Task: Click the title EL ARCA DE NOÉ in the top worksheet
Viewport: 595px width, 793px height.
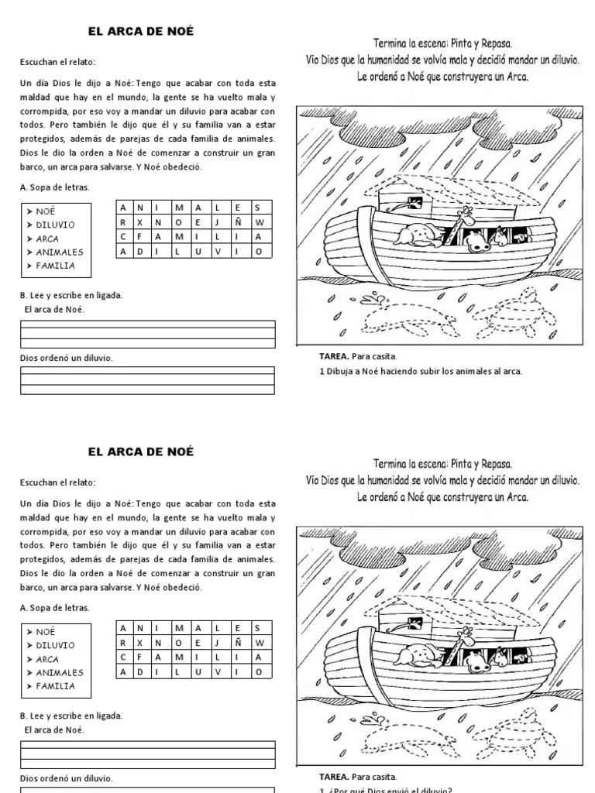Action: pyautogui.click(x=140, y=32)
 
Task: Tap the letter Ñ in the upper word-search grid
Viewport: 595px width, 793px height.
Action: pyautogui.click(x=239, y=221)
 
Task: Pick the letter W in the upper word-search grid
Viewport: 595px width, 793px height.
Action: pyautogui.click(x=260, y=221)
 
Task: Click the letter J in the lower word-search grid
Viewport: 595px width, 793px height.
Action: pyautogui.click(x=220, y=643)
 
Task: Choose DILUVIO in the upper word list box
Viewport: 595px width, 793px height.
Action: pyautogui.click(x=55, y=225)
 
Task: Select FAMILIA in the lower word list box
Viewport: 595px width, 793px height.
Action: pyautogui.click(x=55, y=686)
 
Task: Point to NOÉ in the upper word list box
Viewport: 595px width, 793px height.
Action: pyautogui.click(x=46, y=211)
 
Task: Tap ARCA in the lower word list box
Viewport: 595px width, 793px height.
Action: pyautogui.click(x=47, y=659)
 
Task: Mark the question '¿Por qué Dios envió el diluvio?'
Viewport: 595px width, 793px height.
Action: pyautogui.click(x=387, y=789)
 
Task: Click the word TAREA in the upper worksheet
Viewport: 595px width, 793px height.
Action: pyautogui.click(x=333, y=356)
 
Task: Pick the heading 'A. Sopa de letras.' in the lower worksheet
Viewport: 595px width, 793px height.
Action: pyautogui.click(x=54, y=608)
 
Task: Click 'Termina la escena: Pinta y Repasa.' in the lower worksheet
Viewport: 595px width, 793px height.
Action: pyautogui.click(x=442, y=464)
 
